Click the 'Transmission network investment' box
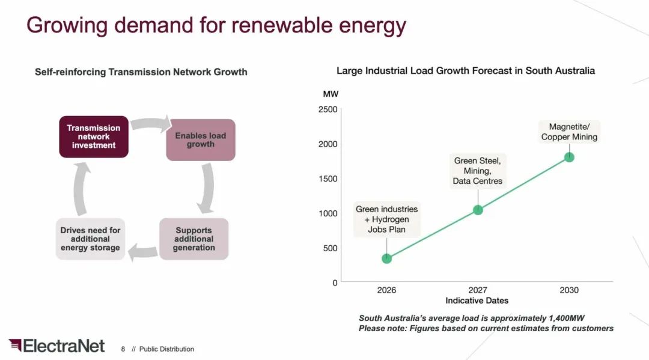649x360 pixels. pos(93,136)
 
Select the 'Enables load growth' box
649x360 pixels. pos(200,139)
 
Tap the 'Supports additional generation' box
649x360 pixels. pos(193,239)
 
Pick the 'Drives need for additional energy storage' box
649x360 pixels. pos(90,239)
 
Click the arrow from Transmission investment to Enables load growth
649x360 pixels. pos(150,125)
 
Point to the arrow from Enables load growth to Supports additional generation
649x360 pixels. pos(207,188)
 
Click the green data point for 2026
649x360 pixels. pos(386,258)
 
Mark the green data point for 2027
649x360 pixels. pos(478,210)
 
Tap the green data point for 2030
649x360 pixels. pos(569,157)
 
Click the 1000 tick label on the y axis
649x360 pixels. pos(328,213)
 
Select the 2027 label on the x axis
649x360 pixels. pos(478,290)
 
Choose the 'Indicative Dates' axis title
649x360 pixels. pos(477,301)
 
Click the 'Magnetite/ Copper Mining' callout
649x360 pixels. pos(569,132)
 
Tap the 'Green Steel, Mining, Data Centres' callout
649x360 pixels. pos(478,171)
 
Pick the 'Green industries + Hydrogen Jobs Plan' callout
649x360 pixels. pos(386,219)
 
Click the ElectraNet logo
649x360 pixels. pos(56,346)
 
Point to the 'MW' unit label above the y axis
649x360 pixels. pos(331,94)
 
